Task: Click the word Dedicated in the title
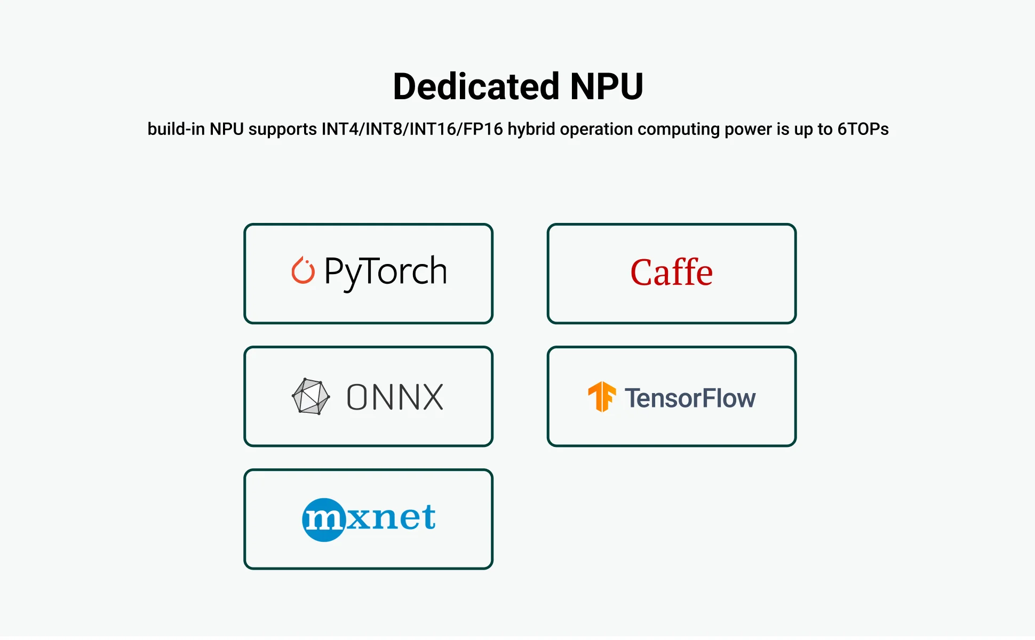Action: [x=476, y=86]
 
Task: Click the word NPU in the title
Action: [x=607, y=86]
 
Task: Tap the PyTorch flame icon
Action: [x=302, y=270]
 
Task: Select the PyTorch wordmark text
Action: [x=386, y=271]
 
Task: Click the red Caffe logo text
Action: [x=671, y=273]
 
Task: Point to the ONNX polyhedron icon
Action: [x=310, y=396]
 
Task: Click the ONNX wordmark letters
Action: [x=395, y=397]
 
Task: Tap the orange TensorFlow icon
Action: [x=601, y=397]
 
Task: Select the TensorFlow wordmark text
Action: [x=690, y=398]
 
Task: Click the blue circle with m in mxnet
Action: [x=323, y=519]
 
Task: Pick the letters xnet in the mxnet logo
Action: [x=391, y=517]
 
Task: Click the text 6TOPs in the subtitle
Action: [x=863, y=129]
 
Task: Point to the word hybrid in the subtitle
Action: [x=531, y=129]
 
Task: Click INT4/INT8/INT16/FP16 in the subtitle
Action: [x=412, y=129]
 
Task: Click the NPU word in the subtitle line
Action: [x=226, y=129]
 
